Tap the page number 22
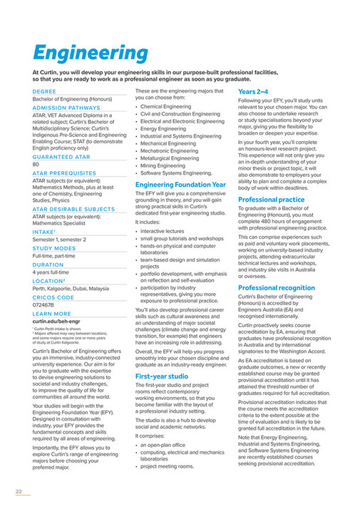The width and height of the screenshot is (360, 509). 19,491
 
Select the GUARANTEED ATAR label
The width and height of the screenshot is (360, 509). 61,156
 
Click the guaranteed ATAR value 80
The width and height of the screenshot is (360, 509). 36,164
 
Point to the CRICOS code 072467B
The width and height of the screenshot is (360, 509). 43,304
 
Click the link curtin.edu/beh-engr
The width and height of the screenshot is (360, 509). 57,322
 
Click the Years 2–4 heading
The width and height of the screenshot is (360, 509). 253,92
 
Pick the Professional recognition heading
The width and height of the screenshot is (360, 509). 276,287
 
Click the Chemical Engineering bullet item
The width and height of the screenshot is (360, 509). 166,106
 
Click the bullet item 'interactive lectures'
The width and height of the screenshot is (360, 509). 165,231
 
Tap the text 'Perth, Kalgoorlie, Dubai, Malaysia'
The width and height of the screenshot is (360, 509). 71,288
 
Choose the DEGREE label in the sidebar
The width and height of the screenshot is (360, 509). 43,91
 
